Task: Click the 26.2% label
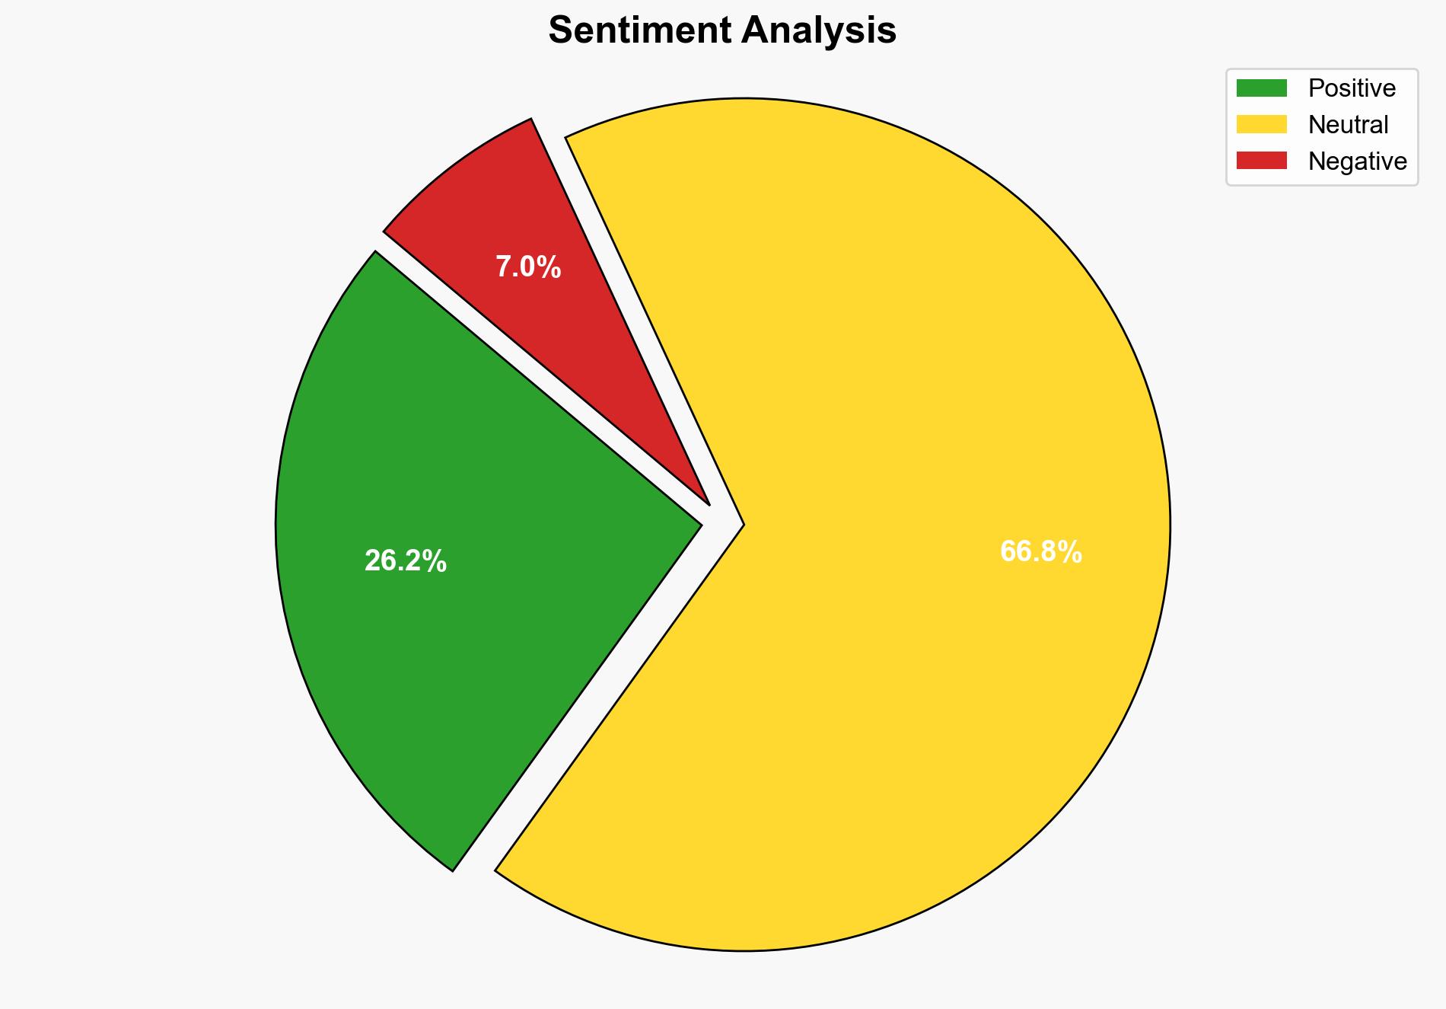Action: tap(405, 561)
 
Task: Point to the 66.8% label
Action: tap(1040, 551)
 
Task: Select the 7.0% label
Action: tap(528, 267)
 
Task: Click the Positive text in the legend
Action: tap(1352, 88)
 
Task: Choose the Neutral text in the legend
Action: tap(1348, 125)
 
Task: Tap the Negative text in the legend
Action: tap(1357, 161)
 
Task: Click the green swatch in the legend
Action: tap(1261, 88)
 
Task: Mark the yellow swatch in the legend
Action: tap(1261, 124)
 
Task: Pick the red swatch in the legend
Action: tap(1261, 161)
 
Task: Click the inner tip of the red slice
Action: tap(707, 503)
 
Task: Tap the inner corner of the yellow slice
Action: tap(741, 524)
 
